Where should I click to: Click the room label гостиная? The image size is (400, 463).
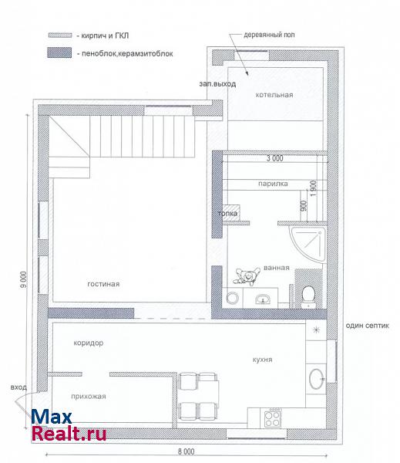tap(103, 284)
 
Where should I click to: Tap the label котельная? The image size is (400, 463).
tap(274, 95)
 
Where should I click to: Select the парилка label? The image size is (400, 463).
tap(273, 184)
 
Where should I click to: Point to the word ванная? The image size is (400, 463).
tap(277, 268)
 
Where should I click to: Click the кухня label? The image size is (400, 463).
tap(262, 360)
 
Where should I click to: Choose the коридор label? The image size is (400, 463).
tap(89, 343)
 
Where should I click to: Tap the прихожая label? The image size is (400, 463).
tap(89, 397)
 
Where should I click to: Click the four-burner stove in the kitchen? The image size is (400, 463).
tap(272, 418)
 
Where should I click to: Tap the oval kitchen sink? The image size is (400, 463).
tap(317, 379)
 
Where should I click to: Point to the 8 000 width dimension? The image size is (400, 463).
tap(187, 451)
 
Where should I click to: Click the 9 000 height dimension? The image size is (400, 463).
tap(24, 279)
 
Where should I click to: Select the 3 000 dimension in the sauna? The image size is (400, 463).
tap(275, 158)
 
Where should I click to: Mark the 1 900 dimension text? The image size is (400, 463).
tap(314, 189)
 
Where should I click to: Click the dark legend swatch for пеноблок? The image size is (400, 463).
tap(59, 52)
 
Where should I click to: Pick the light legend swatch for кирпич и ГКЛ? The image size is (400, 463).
tap(60, 35)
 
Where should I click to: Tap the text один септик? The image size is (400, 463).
tap(368, 326)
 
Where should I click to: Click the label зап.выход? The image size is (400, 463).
tap(217, 84)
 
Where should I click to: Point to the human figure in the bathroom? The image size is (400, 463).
tap(247, 276)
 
